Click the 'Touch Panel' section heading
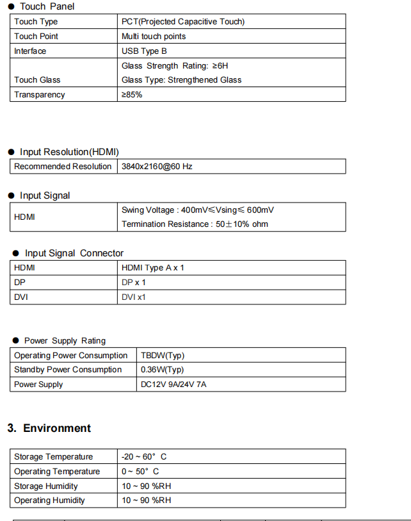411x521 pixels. [47, 6]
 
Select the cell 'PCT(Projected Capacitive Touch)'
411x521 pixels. [182, 22]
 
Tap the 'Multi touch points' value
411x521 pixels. [154, 37]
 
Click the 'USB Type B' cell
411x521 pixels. [144, 51]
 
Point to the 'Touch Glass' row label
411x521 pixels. [37, 80]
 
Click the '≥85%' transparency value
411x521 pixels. [132, 95]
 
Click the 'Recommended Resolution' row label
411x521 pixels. [63, 167]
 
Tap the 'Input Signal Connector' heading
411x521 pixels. [74, 253]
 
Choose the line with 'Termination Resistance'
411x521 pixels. [195, 224]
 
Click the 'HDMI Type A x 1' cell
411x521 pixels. [152, 268]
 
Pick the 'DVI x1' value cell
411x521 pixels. [134, 297]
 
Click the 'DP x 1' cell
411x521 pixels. [134, 283]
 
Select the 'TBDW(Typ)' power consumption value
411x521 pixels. [163, 356]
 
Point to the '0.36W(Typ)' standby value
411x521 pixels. [163, 370]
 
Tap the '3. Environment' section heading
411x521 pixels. [49, 428]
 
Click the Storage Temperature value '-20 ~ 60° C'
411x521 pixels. [144, 457]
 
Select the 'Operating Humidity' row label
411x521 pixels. [49, 500]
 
